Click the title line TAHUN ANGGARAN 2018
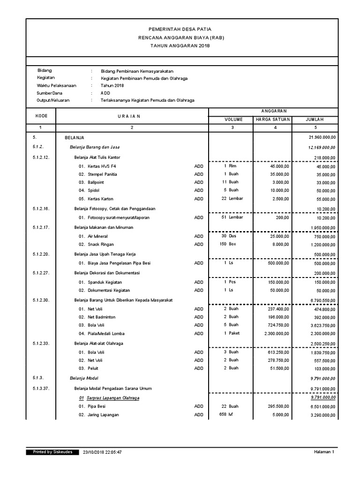pos(180,45)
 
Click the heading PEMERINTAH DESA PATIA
pos(180,29)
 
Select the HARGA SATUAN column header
pos(273,120)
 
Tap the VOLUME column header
pos(232,120)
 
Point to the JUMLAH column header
pos(315,120)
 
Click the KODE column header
pos(40,115)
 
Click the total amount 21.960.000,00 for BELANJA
pos(322,137)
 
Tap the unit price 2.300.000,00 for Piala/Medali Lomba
pos(274,334)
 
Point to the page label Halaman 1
pos(324,452)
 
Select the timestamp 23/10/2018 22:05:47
pos(102,452)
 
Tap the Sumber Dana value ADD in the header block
pos(105,93)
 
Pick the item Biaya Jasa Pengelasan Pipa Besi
pos(120,263)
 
